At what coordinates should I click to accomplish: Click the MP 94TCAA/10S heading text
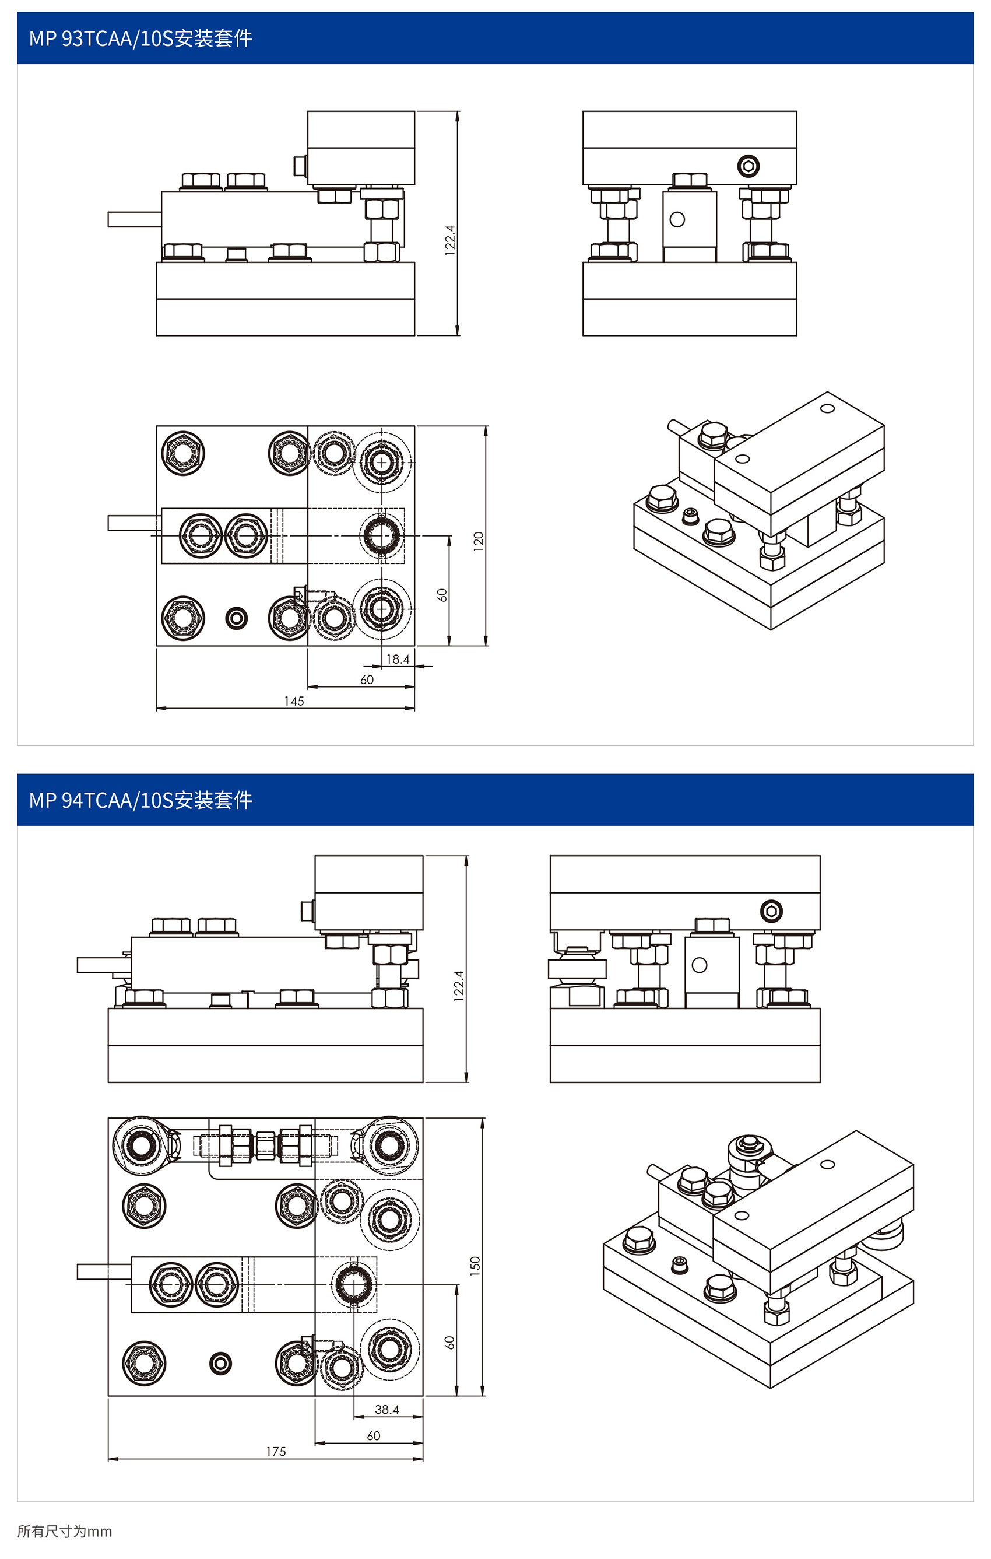pyautogui.click(x=140, y=800)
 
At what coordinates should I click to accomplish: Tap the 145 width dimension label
pyautogui.click(x=294, y=701)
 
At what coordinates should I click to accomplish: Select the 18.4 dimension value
pyautogui.click(x=398, y=659)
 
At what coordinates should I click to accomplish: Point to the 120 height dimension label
pyautogui.click(x=479, y=541)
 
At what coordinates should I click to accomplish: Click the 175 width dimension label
pyautogui.click(x=276, y=1452)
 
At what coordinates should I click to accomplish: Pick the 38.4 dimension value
pyautogui.click(x=386, y=1410)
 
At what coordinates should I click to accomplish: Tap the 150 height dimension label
pyautogui.click(x=475, y=1266)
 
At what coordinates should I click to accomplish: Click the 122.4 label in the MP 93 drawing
pyautogui.click(x=450, y=240)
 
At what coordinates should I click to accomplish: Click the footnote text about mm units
pyautogui.click(x=64, y=1531)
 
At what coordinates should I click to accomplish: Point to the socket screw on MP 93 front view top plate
pyautogui.click(x=748, y=166)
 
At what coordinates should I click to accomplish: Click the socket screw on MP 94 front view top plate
pyautogui.click(x=771, y=911)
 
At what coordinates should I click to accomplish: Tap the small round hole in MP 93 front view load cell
pyautogui.click(x=677, y=219)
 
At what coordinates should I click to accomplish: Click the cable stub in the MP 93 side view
pyautogui.click(x=134, y=219)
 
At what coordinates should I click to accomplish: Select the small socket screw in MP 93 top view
pyautogui.click(x=236, y=618)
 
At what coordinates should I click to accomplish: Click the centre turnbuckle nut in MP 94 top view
pyautogui.click(x=265, y=1145)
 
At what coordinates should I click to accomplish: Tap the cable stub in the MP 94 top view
pyautogui.click(x=104, y=1271)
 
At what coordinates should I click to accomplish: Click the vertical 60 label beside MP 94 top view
pyautogui.click(x=449, y=1343)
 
